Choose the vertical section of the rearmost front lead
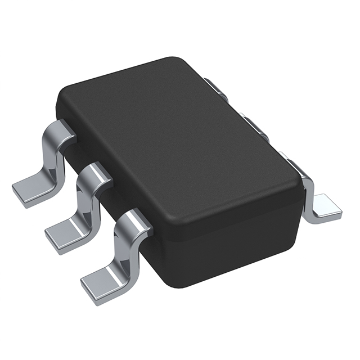tap(52, 160)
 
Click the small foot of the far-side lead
tap(325, 206)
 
